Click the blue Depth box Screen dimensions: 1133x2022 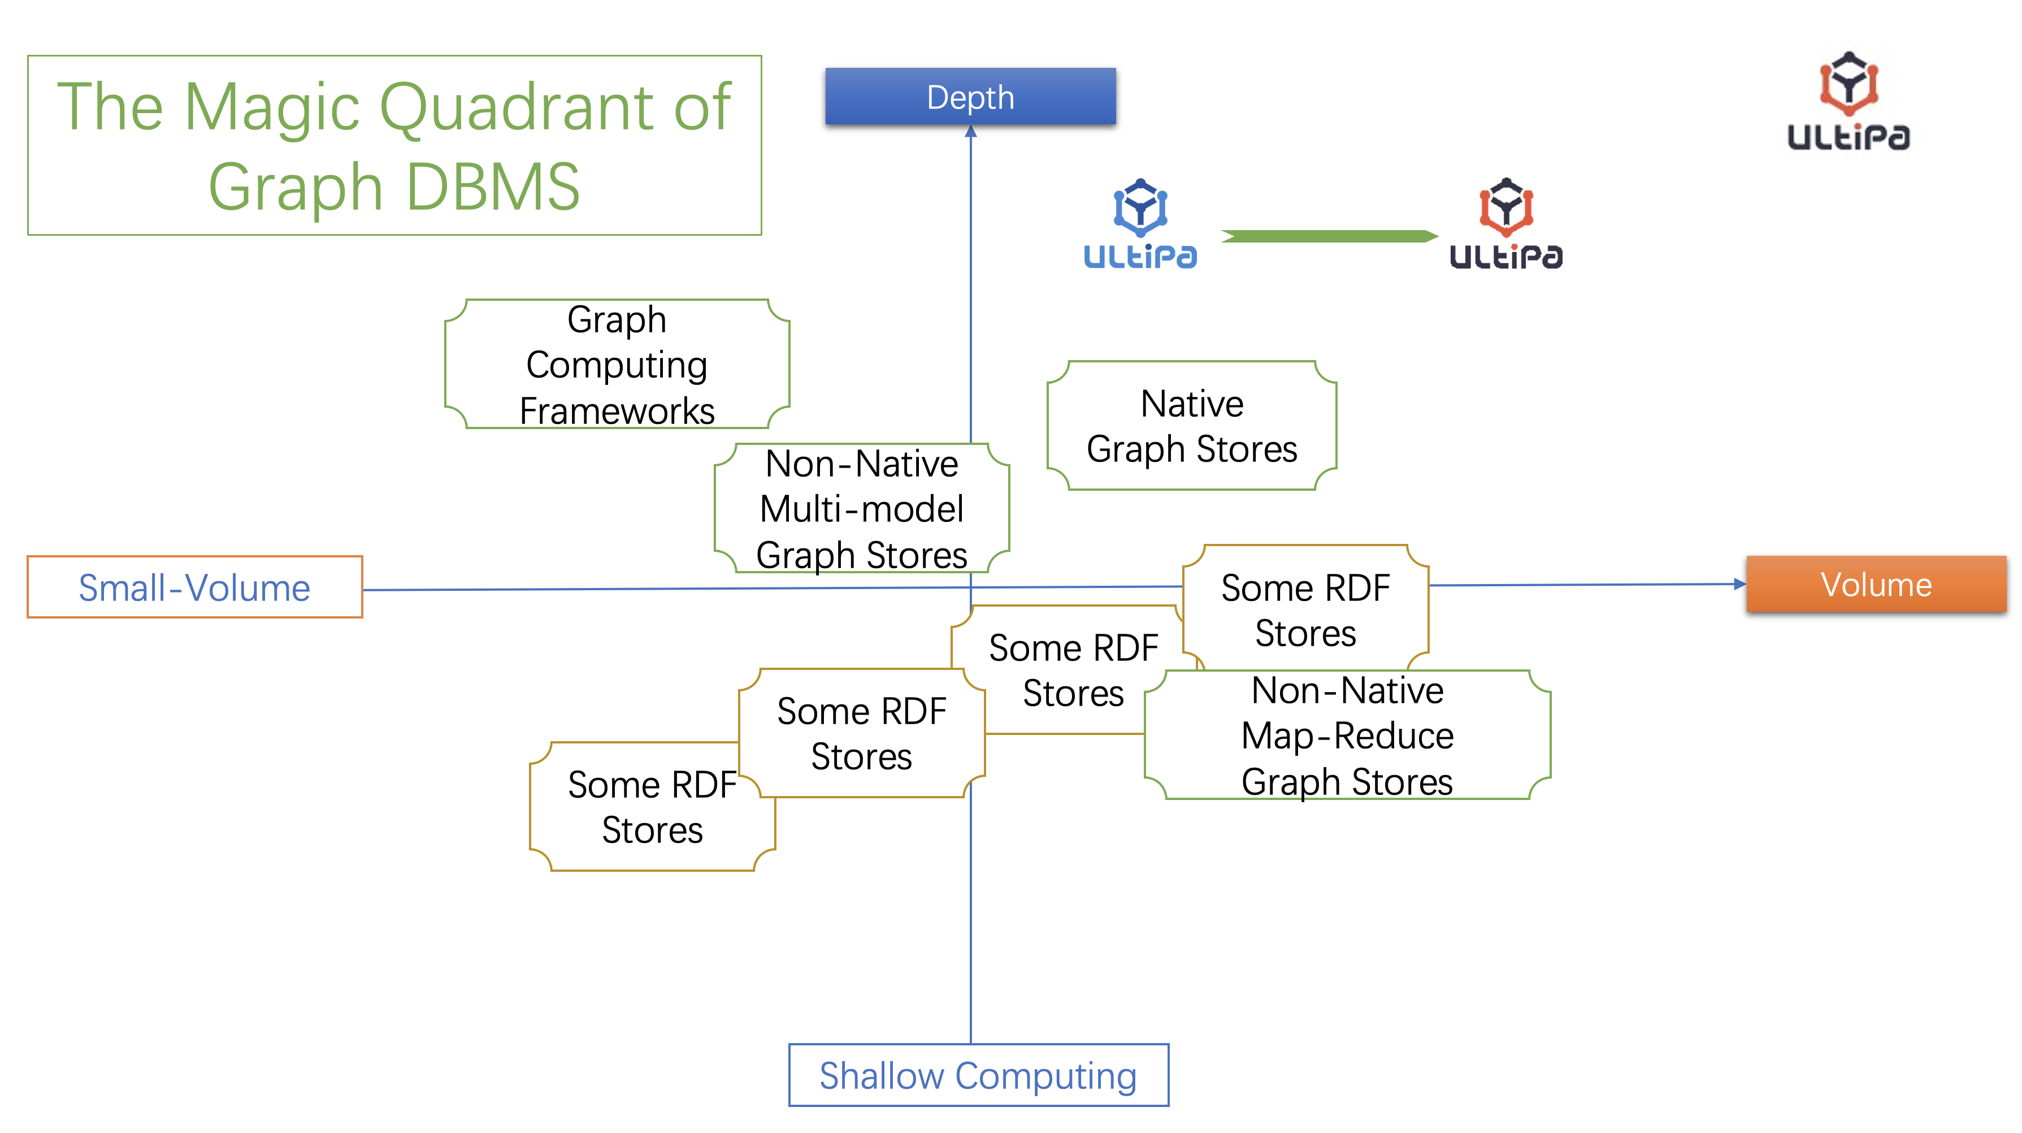(x=970, y=97)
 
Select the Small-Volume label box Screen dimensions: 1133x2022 (x=194, y=587)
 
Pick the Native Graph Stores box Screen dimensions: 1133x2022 (x=1191, y=426)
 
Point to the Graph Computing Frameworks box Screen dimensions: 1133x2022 (x=617, y=364)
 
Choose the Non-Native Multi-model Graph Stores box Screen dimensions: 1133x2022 (x=861, y=509)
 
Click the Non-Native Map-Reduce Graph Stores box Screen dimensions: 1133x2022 (x=1347, y=736)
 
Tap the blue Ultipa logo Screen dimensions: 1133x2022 (x=1140, y=224)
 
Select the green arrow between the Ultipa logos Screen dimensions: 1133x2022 (x=1329, y=236)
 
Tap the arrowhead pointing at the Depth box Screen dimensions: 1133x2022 (x=971, y=132)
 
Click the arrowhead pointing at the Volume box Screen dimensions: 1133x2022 (x=1739, y=584)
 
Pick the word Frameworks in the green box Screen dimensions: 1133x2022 (x=617, y=410)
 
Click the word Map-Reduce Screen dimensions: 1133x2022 (x=1347, y=736)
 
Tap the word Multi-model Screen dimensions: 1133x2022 (x=861, y=509)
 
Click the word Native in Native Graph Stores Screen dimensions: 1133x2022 (x=1191, y=404)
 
